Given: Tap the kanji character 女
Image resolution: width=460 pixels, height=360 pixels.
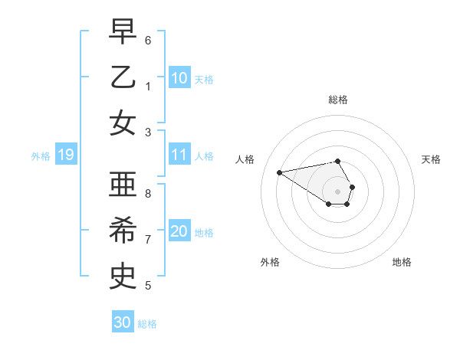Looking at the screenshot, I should point(123,123).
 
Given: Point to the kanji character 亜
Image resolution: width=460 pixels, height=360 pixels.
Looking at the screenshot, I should point(123,185).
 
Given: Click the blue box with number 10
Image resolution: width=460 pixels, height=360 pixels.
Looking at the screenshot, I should point(179,77).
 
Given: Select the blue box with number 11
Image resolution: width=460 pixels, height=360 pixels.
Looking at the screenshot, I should point(179,155).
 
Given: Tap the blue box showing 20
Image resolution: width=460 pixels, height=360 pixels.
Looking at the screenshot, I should point(179,231).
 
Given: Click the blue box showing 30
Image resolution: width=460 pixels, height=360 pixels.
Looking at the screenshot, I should point(123,322).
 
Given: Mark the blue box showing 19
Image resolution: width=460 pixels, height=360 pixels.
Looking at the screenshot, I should point(65,155).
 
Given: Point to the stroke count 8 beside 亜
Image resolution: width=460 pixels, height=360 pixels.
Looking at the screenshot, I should point(149,194).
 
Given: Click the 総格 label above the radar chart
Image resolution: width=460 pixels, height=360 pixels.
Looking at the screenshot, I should point(338,100).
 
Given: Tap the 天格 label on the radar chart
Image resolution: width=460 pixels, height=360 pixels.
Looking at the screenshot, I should point(431,159).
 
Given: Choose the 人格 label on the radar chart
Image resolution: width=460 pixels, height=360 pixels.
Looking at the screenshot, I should point(246,159).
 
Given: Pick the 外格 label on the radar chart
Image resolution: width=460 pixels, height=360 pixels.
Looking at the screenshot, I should point(270,262).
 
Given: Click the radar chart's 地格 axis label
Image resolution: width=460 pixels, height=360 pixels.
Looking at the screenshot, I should point(402,262).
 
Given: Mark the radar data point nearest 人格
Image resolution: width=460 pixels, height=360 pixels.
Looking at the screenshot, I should point(279,172).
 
